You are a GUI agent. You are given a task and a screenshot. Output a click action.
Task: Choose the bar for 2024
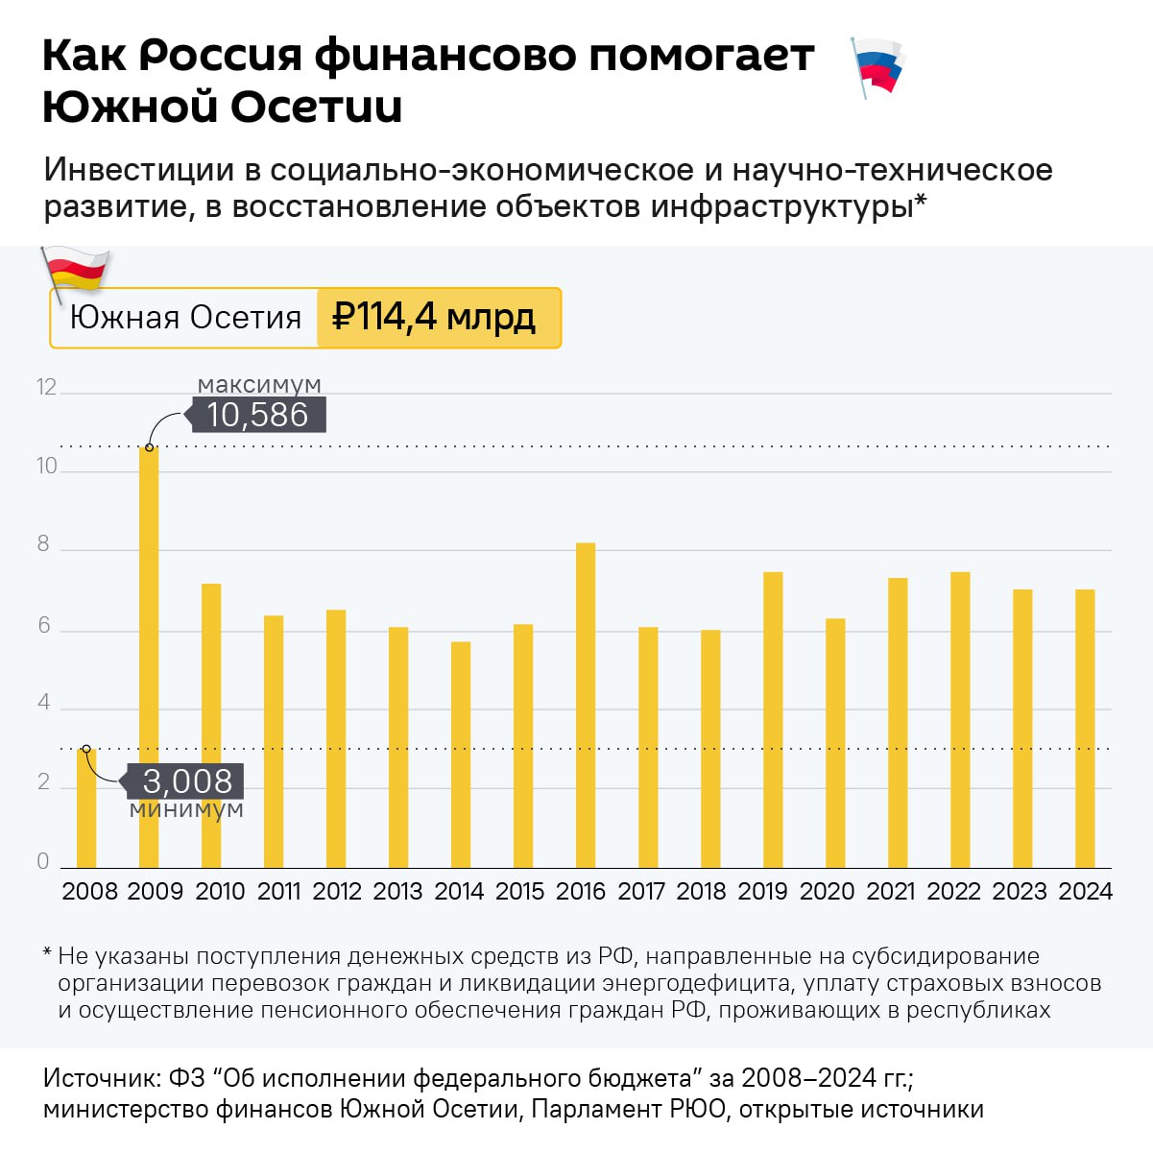[1085, 729]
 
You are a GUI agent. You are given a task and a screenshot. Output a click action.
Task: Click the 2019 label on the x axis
[762, 891]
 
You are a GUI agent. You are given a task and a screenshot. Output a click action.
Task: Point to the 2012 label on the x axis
[337, 891]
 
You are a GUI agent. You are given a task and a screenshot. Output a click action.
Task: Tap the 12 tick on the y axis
[46, 388]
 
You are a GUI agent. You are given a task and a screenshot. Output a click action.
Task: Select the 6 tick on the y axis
[44, 626]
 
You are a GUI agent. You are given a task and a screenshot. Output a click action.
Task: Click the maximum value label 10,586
[257, 415]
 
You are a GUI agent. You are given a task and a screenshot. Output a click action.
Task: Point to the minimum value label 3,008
[187, 781]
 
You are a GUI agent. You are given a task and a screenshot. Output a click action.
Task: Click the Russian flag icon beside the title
[877, 66]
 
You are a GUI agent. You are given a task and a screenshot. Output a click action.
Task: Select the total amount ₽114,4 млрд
[434, 317]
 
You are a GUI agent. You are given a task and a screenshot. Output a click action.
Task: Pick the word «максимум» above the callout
[259, 385]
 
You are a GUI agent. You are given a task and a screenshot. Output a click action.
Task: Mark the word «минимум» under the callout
[186, 809]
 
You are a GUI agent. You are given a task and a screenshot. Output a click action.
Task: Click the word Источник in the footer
[100, 1077]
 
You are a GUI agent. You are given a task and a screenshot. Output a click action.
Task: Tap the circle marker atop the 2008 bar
[86, 749]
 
